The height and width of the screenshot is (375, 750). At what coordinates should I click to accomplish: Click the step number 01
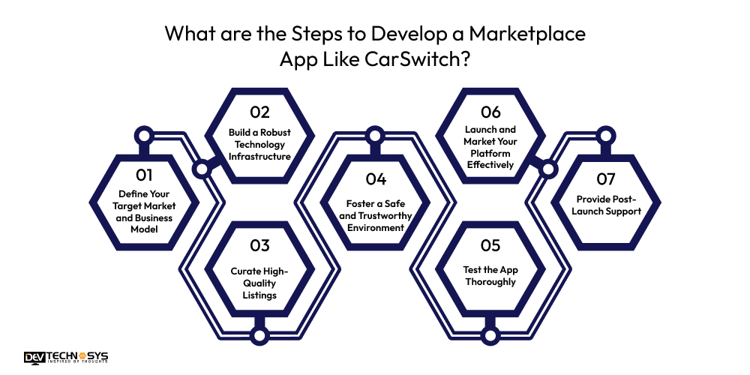tap(144, 175)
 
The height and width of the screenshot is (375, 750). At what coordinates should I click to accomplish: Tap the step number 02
tap(259, 112)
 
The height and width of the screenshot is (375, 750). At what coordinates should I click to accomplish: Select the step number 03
tap(259, 245)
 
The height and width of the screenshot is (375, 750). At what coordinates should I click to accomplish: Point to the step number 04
tap(375, 179)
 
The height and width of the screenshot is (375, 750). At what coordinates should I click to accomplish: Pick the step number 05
tap(490, 245)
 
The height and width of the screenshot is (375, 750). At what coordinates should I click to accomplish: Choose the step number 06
tap(490, 112)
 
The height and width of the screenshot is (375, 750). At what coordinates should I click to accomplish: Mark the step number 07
tap(606, 179)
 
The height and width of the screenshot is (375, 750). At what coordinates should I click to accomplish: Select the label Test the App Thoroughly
tap(490, 276)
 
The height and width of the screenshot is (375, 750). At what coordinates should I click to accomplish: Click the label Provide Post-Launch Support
tap(606, 205)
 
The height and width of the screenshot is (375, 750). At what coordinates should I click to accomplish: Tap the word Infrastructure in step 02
tap(259, 156)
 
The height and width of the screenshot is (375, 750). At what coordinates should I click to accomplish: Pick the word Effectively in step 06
tap(490, 163)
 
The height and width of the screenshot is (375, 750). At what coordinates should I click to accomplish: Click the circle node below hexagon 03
tap(259, 334)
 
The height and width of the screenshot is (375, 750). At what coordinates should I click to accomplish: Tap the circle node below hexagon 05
tap(490, 334)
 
